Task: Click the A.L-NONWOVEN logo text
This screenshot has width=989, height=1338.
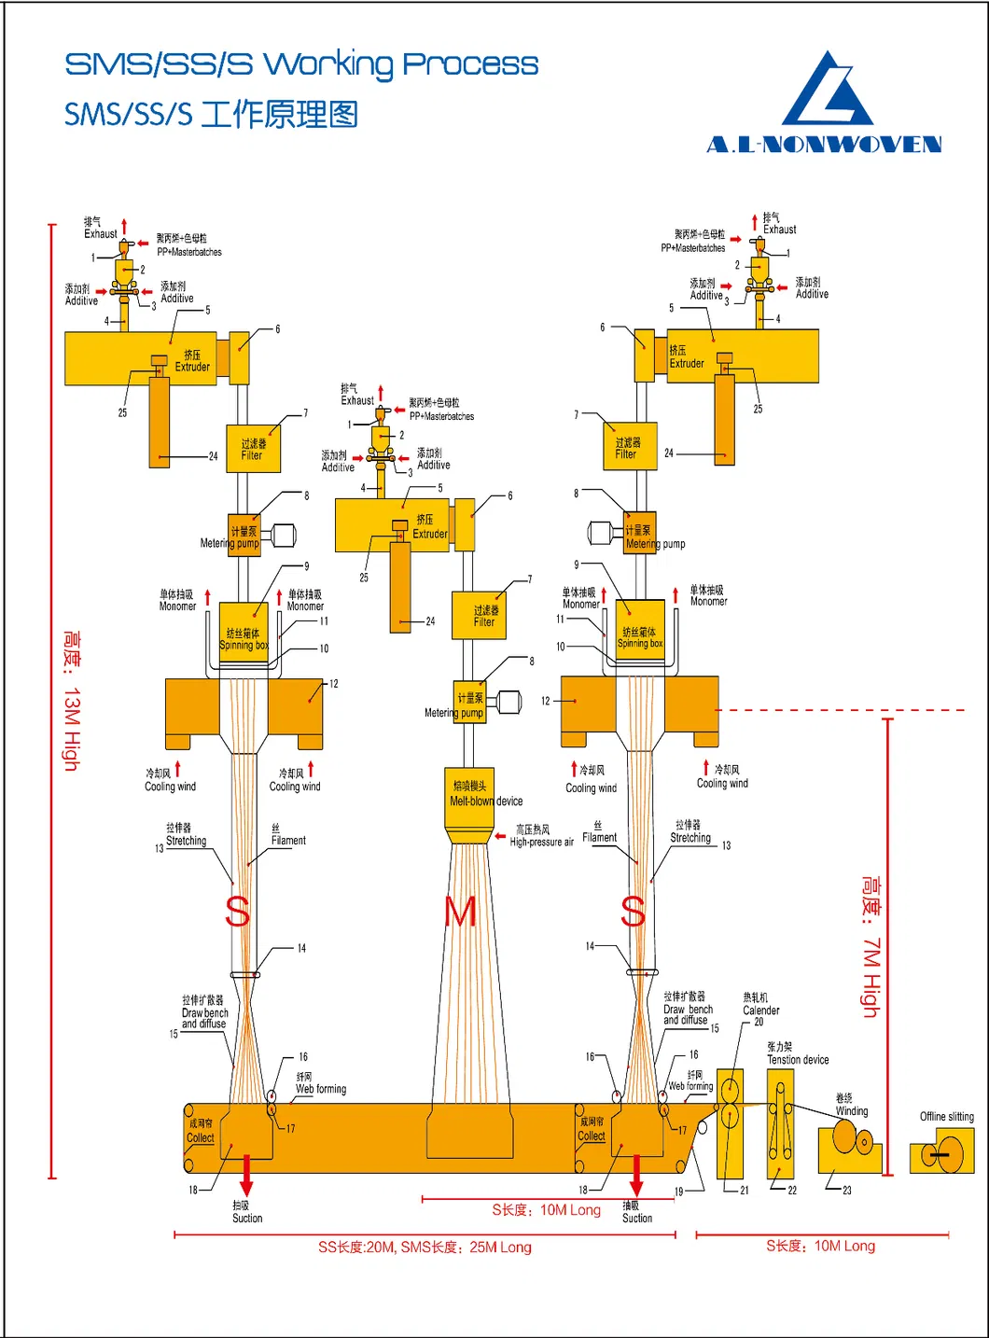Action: (x=824, y=145)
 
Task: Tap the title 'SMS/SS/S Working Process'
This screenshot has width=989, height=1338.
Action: (x=301, y=64)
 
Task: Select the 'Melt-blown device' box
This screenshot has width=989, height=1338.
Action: (x=471, y=793)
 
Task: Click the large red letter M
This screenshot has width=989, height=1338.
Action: (x=461, y=912)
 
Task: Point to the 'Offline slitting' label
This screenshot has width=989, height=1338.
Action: (x=946, y=1116)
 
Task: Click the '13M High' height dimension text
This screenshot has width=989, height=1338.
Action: (x=71, y=700)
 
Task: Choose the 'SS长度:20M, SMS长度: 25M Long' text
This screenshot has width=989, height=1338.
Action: (x=425, y=1247)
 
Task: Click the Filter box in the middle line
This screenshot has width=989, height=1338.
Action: (x=479, y=615)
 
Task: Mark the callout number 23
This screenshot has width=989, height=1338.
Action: (x=847, y=1190)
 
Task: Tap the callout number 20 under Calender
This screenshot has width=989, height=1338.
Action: (x=759, y=1022)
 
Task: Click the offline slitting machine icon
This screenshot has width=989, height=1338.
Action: (x=941, y=1151)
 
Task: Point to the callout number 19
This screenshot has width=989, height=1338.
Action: (x=679, y=1192)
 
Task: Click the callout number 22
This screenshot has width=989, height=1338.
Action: (x=792, y=1190)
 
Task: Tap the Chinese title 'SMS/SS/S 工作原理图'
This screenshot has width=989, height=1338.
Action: (x=211, y=115)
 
